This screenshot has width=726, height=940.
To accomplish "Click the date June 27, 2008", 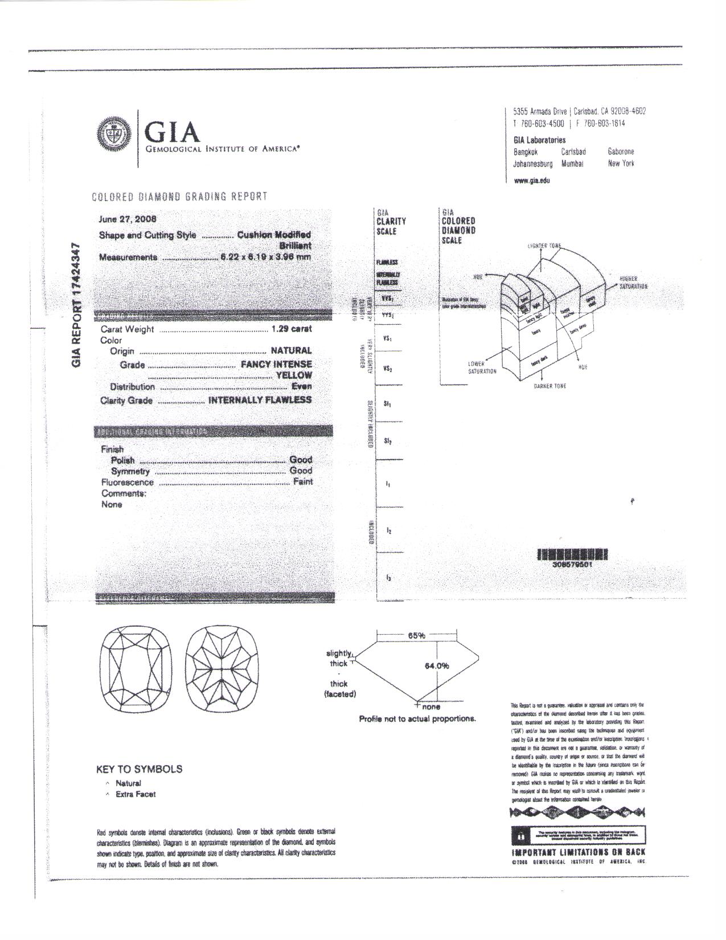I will [128, 219].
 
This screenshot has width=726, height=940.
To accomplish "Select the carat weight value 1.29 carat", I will [292, 329].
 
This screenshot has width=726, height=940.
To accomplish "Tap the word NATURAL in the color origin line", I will [291, 350].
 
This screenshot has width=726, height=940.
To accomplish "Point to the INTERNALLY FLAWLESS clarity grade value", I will [260, 400].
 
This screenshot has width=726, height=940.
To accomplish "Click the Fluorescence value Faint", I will [302, 481].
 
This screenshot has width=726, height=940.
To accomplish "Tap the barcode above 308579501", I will [572, 554].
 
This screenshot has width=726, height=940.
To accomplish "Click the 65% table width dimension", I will [417, 635].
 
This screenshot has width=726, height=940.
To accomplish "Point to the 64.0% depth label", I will [437, 665].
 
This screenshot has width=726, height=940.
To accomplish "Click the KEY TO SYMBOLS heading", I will [140, 769].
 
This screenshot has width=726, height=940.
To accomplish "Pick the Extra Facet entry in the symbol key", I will [135, 794].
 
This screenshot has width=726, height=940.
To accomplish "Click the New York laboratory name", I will [621, 164].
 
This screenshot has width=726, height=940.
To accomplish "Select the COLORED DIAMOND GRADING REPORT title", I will [179, 197].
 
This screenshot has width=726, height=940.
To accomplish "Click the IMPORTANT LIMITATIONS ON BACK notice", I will [579, 852].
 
